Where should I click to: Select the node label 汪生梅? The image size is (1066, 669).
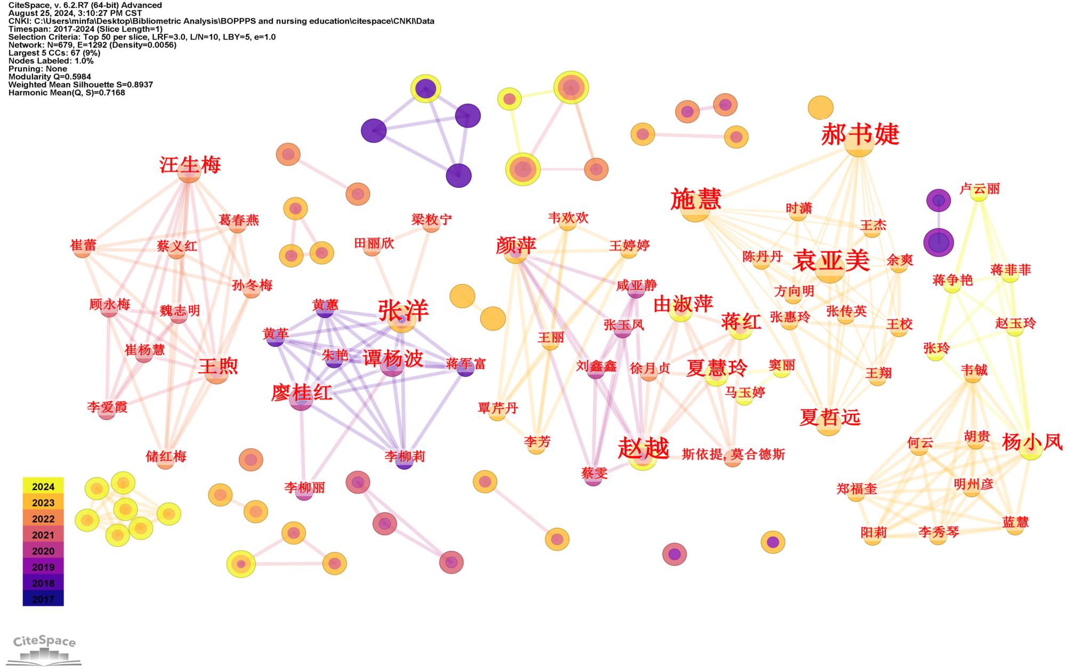tap(190, 165)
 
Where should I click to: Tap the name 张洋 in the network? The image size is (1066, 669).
tap(403, 310)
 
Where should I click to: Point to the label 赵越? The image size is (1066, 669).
tap(643, 448)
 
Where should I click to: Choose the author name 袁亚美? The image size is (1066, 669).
tap(831, 261)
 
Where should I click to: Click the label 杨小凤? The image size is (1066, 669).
tap(1032, 442)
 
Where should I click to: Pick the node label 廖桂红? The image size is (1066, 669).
tap(302, 393)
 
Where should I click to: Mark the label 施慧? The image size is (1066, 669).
tap(696, 199)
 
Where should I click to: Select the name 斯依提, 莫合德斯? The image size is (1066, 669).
tap(733, 454)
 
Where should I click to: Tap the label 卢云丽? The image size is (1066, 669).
tap(979, 189)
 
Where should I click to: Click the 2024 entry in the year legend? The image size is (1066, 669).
tap(43, 486)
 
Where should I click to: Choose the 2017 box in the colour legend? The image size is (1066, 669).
tap(43, 599)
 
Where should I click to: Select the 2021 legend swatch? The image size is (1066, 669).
tap(43, 535)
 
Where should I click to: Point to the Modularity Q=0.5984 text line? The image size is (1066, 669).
tap(50, 77)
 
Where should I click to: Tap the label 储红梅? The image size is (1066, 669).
tap(166, 456)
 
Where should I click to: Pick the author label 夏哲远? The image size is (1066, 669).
tap(830, 417)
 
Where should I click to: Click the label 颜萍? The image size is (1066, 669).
tap(515, 245)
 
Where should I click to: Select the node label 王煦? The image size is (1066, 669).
tap(217, 366)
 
